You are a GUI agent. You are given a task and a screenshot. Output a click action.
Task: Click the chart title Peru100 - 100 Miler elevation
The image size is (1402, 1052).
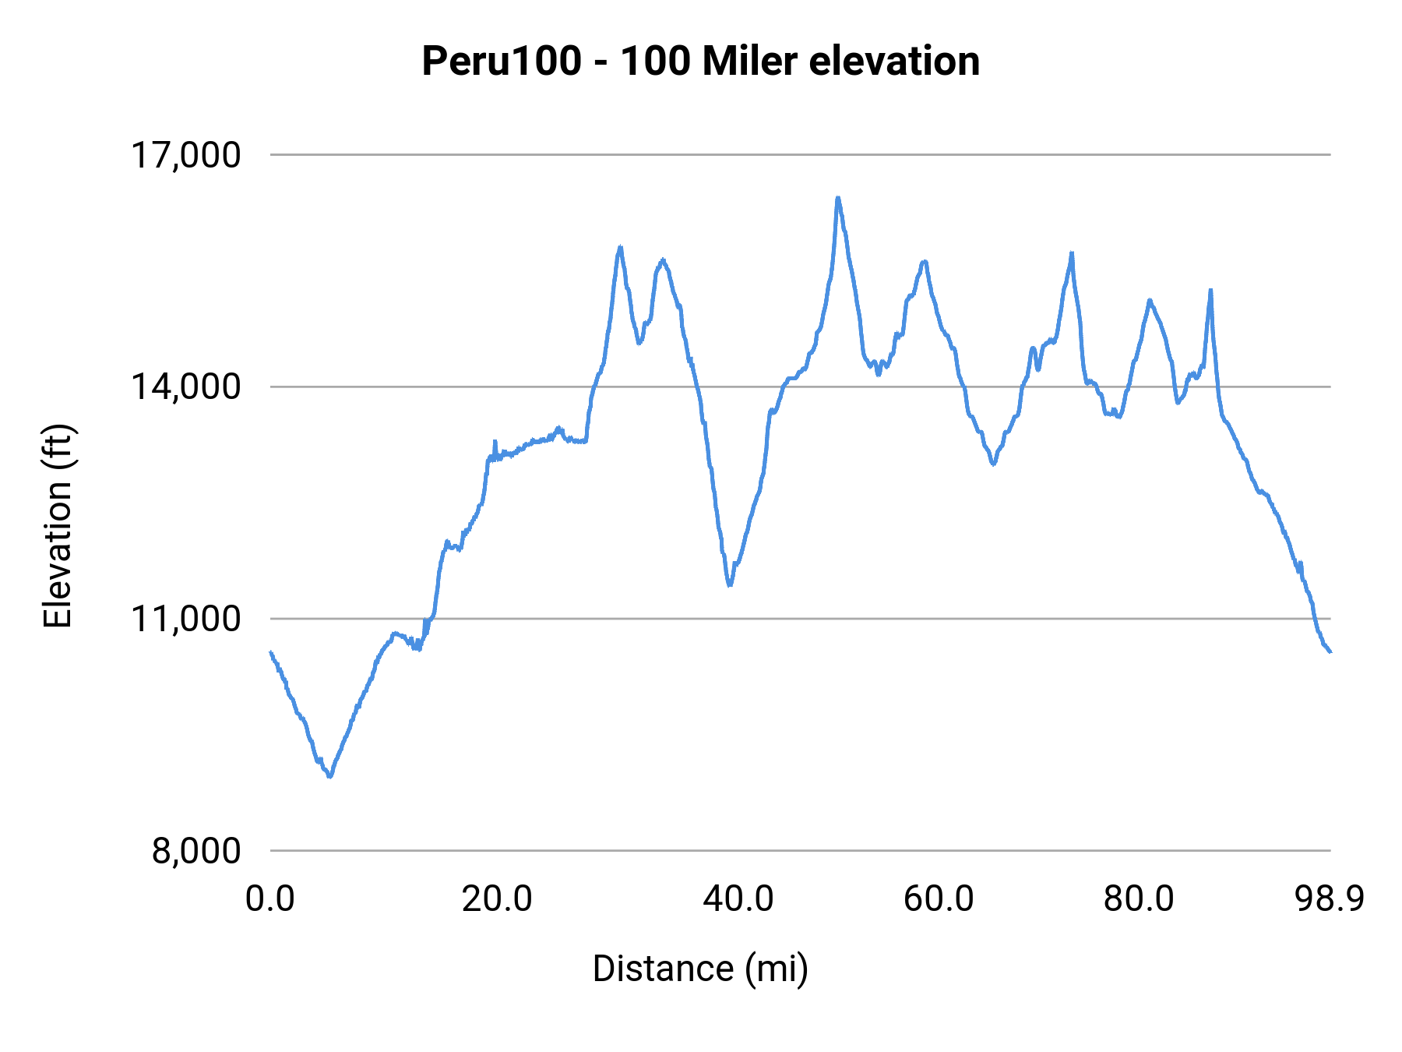click(700, 61)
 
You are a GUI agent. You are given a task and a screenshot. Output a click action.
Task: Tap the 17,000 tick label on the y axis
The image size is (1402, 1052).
click(185, 155)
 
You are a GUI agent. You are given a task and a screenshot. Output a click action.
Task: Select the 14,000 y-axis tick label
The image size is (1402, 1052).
click(185, 387)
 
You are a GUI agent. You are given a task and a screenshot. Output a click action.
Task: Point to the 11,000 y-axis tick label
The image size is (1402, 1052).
click(185, 619)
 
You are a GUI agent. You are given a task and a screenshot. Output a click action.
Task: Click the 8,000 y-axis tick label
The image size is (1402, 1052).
click(196, 851)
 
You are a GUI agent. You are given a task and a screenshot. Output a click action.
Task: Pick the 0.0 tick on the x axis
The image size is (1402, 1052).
click(269, 899)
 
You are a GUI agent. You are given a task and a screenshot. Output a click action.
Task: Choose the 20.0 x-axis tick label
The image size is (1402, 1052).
click(497, 899)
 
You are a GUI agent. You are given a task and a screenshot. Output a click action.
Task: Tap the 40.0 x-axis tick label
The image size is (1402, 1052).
click(738, 899)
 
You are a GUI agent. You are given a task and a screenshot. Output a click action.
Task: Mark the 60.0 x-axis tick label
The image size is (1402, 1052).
click(939, 899)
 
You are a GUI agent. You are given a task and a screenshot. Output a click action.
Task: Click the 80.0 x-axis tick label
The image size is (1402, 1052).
click(1139, 899)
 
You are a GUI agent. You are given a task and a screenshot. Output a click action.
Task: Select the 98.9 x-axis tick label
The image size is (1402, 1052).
click(1330, 899)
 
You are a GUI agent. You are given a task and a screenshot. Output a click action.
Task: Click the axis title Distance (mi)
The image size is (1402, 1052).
click(700, 969)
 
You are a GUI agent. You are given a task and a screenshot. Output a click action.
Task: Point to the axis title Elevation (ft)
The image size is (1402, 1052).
click(58, 526)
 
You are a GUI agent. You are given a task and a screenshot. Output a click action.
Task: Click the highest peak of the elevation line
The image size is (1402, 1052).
click(837, 198)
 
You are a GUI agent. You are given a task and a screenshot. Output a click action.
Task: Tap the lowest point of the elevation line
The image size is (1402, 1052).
click(330, 776)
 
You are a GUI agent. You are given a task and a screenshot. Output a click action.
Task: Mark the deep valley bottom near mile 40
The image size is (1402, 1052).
click(729, 584)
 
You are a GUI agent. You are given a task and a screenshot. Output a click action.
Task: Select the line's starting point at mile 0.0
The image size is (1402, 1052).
click(271, 652)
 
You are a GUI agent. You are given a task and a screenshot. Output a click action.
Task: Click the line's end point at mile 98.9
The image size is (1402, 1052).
click(1330, 651)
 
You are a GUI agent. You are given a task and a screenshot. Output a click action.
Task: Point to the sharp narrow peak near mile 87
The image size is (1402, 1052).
click(1210, 290)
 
